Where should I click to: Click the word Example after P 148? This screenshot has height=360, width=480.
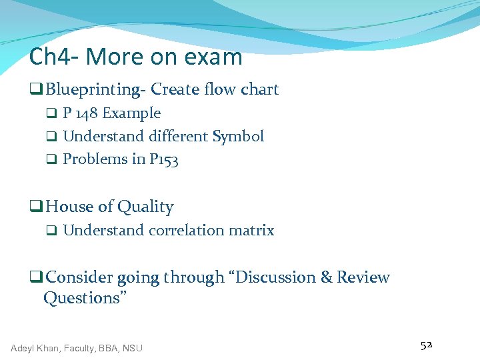click(x=131, y=113)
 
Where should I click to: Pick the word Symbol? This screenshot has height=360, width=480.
click(x=238, y=137)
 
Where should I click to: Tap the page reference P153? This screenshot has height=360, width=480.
click(x=164, y=159)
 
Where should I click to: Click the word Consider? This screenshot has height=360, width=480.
click(x=80, y=277)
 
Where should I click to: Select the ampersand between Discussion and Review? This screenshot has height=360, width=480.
click(x=326, y=277)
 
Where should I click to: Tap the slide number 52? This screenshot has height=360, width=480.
click(x=427, y=345)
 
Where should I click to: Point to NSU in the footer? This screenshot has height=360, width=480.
click(x=132, y=347)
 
